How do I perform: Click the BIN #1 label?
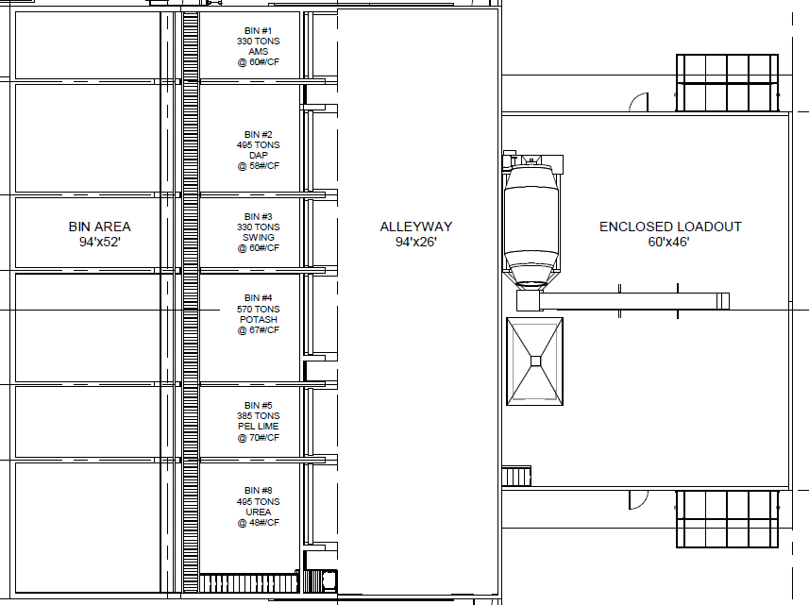(x=258, y=31)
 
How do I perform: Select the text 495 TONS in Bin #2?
(x=258, y=145)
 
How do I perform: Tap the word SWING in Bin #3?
(x=258, y=237)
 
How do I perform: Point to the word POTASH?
(x=258, y=319)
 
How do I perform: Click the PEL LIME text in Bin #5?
(x=258, y=426)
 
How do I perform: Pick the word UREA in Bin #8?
(x=258, y=512)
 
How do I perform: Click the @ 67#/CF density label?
(x=258, y=330)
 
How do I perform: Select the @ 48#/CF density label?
(x=258, y=523)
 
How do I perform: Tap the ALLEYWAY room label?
(x=416, y=227)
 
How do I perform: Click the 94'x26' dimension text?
(x=416, y=242)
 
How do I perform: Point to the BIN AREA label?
(x=99, y=227)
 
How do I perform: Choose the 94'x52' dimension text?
(x=99, y=242)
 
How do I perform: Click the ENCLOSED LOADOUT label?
(x=670, y=227)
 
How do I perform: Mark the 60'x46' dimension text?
(x=668, y=242)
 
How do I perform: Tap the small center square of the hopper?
(x=535, y=361)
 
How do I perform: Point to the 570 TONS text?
(x=258, y=309)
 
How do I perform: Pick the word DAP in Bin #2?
(x=258, y=155)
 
